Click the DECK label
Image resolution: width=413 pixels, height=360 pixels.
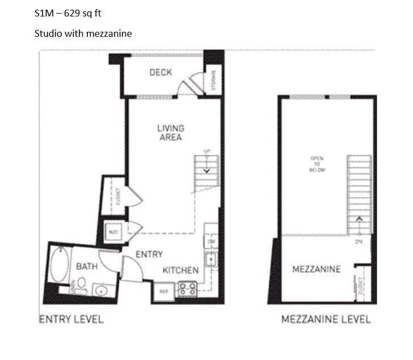pos(161,72)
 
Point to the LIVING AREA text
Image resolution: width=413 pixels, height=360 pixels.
pos(170,133)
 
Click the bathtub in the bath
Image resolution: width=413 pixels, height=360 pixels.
pos(58,266)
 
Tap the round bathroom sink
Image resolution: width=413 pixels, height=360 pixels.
pos(101,291)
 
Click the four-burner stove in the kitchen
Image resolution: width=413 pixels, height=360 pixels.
pos(187,289)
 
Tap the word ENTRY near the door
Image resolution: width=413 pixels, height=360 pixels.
pos(149,254)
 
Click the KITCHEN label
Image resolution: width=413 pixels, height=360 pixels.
pos(180,270)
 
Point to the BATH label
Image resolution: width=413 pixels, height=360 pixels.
pos(87,266)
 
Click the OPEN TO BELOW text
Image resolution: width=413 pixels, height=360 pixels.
pos(316,164)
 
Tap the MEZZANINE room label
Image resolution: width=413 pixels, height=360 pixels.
pos(316,269)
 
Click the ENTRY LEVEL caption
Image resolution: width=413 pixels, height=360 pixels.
pos(71,319)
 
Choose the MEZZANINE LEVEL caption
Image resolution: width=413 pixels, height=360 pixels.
pos(326,319)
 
